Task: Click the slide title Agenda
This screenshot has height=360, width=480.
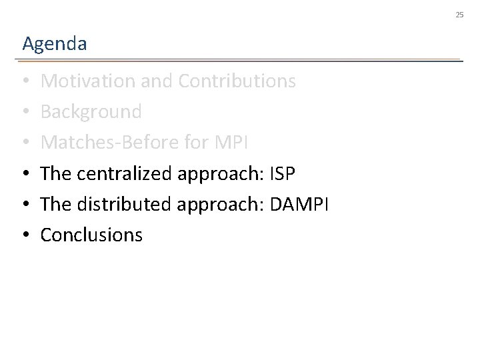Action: click(x=54, y=45)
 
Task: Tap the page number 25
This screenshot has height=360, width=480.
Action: click(x=459, y=14)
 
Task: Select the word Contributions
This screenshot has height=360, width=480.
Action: click(x=237, y=81)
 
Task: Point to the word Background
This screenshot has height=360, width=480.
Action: click(x=91, y=112)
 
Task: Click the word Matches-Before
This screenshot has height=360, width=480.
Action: click(x=105, y=143)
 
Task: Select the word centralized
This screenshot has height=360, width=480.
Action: click(x=125, y=173)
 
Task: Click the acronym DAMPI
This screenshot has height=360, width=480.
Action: click(x=299, y=204)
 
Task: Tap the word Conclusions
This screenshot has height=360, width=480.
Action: click(x=91, y=235)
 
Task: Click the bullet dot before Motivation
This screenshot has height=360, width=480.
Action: click(x=25, y=82)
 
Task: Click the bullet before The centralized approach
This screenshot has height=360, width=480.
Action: click(x=25, y=174)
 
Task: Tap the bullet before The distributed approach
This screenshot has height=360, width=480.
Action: click(x=25, y=205)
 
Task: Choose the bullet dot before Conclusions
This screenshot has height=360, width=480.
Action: click(x=25, y=235)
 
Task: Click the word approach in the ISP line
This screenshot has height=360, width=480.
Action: click(x=217, y=175)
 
